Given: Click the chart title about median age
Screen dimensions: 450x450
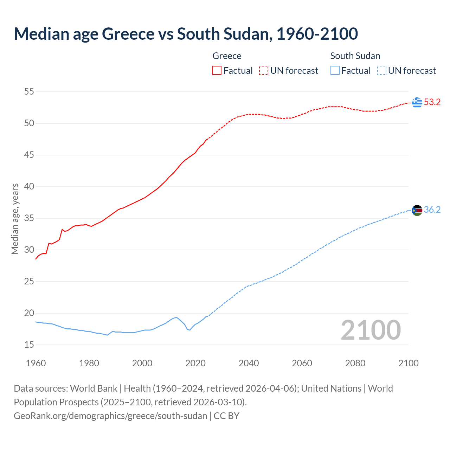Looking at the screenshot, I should [186, 34].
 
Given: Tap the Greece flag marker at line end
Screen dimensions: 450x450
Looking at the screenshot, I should [417, 102].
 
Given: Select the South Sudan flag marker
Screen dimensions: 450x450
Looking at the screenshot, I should [417, 210].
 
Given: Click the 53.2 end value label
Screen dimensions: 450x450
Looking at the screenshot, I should [432, 102].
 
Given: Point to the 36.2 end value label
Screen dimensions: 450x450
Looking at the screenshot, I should [432, 210].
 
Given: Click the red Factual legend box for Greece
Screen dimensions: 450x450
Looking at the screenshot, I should [217, 71].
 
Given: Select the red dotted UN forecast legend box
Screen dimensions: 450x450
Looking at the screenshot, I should [264, 71].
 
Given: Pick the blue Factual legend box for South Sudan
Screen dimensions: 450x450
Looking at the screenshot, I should [335, 71].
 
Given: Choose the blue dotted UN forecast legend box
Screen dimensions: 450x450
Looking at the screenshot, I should [381, 71].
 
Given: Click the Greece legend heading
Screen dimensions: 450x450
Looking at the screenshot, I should [227, 56].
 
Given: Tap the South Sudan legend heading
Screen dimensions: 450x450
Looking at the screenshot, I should [355, 56].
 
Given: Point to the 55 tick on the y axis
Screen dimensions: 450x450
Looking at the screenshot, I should [29, 92].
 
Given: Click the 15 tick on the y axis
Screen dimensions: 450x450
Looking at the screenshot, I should [29, 345].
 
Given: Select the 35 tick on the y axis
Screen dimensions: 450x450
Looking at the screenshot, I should [29, 218].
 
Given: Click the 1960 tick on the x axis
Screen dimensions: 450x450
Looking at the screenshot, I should [36, 363].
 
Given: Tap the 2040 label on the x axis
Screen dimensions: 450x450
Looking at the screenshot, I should [249, 363].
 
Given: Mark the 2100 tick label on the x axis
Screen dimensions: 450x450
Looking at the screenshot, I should [408, 363].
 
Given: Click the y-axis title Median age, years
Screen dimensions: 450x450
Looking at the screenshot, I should [15, 219].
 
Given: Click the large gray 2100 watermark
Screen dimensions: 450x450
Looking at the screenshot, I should [371, 330].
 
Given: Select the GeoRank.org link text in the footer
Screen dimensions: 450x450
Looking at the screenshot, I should [110, 416].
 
